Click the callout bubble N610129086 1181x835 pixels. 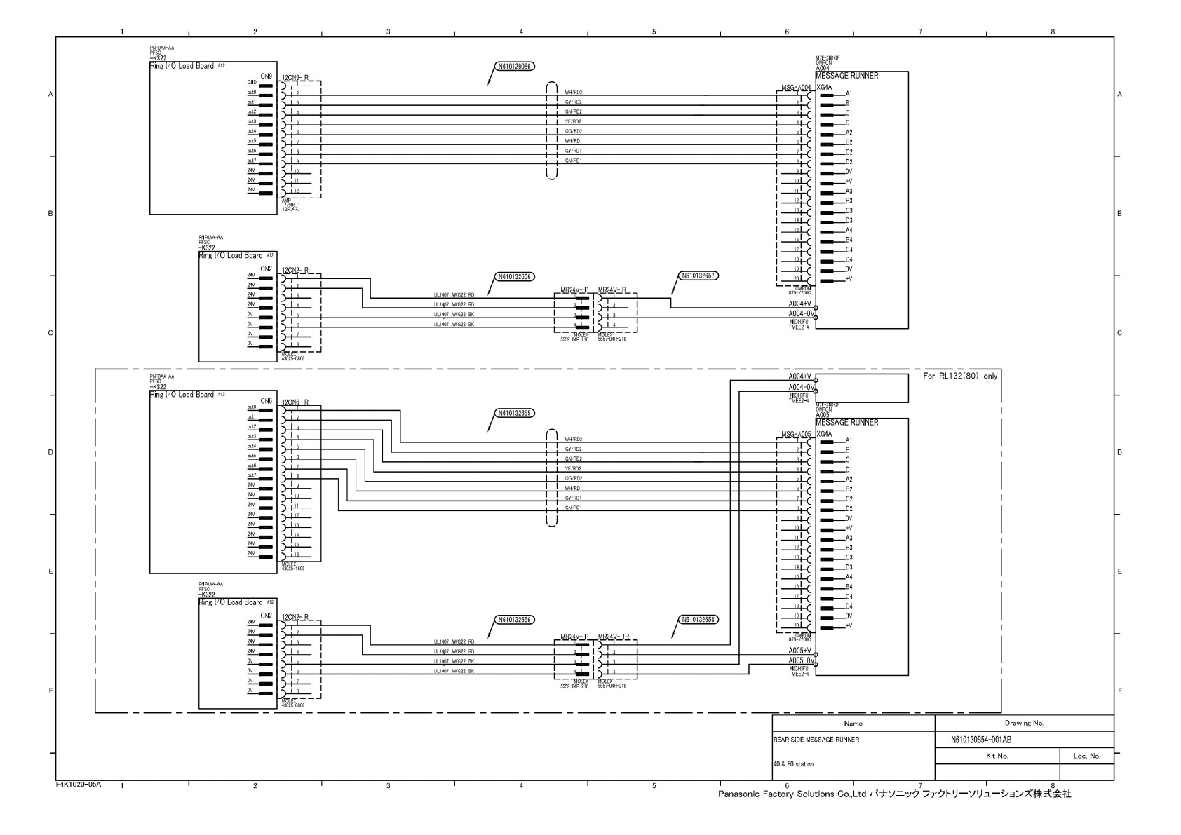click(x=514, y=67)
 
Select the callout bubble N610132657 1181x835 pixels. click(x=699, y=276)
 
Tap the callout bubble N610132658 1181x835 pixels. click(x=699, y=620)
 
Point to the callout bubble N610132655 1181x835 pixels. click(x=514, y=413)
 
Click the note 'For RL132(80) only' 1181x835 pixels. click(x=960, y=376)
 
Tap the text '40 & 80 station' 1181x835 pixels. click(x=793, y=764)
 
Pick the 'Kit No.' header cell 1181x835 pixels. click(x=997, y=756)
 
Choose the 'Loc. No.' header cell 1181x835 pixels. click(x=1086, y=756)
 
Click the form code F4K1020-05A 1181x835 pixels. click(x=79, y=785)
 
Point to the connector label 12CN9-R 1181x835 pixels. click(x=295, y=77)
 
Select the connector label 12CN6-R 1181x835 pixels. click(x=295, y=402)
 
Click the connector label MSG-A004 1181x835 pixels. click(x=796, y=88)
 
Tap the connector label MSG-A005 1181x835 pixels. click(x=796, y=435)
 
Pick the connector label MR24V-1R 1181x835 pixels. click(x=614, y=637)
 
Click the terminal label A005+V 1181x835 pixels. click(x=799, y=650)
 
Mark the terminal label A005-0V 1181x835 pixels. click(x=799, y=660)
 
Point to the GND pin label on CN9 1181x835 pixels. click(x=251, y=83)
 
